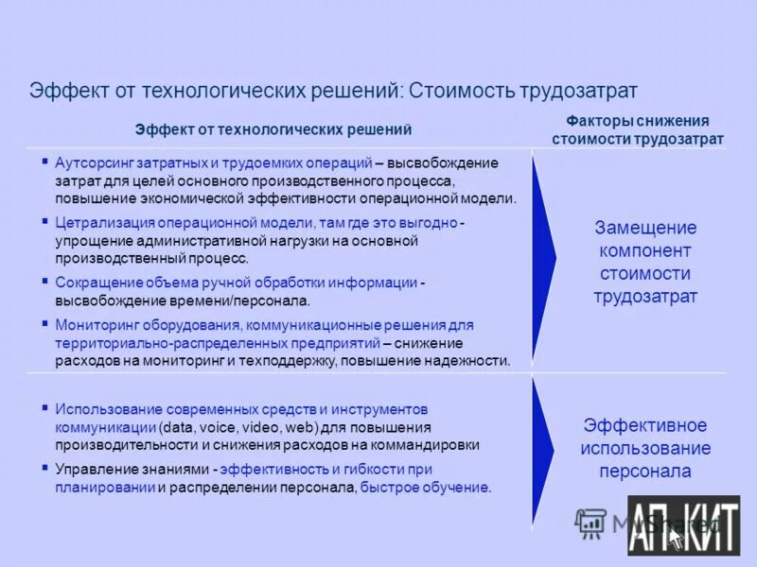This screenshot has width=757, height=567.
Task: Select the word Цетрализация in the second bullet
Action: [x=98, y=222]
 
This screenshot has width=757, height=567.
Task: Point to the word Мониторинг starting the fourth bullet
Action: [x=96, y=324]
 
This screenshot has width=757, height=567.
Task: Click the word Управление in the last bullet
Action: [x=95, y=469]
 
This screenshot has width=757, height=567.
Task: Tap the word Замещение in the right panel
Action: [x=645, y=228]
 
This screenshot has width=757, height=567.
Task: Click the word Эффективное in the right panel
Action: [x=645, y=425]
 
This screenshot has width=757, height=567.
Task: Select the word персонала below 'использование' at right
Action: [x=645, y=471]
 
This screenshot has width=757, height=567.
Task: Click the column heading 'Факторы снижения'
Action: [x=638, y=122]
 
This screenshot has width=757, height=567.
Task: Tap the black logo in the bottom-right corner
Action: [x=683, y=525]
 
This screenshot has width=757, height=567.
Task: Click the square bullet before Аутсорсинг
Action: [x=45, y=163]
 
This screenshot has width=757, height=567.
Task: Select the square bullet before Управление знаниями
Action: [x=45, y=468]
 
